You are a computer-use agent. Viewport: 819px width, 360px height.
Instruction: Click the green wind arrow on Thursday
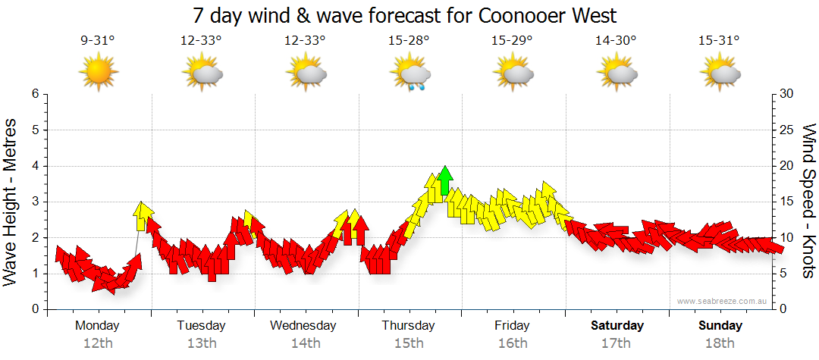pyautogui.click(x=445, y=180)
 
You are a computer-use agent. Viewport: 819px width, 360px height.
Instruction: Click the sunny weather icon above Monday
pyautogui.click(x=98, y=73)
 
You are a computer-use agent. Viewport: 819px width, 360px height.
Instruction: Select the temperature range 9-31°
pyautogui.click(x=98, y=41)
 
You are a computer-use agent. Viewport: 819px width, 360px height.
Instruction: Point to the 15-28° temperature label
pyautogui.click(x=409, y=41)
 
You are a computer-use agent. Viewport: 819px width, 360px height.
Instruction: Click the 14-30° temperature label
pyautogui.click(x=616, y=41)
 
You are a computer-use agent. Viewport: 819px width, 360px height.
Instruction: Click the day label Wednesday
pyautogui.click(x=303, y=325)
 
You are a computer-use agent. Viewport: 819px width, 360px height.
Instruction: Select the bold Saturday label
pyautogui.click(x=617, y=325)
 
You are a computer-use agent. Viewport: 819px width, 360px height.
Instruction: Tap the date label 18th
pyautogui.click(x=720, y=343)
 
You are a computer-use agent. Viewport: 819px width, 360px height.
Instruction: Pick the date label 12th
pyautogui.click(x=98, y=343)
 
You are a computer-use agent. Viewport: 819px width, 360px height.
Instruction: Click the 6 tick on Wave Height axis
pyautogui.click(x=34, y=94)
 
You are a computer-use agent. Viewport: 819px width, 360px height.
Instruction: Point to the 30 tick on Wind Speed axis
pyautogui.click(x=786, y=94)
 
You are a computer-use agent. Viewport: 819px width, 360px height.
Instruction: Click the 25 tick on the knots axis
pyautogui.click(x=786, y=130)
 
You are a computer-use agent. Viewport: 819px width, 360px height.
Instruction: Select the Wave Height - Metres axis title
pyautogui.click(x=12, y=202)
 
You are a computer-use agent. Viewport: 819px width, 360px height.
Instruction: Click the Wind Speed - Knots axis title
pyautogui.click(x=808, y=201)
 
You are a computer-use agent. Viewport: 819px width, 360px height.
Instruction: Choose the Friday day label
pyautogui.click(x=513, y=325)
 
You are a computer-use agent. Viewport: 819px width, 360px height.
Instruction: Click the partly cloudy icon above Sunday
pyautogui.click(x=721, y=74)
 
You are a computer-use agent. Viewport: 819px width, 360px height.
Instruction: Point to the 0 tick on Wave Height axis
pyautogui.click(x=34, y=309)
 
